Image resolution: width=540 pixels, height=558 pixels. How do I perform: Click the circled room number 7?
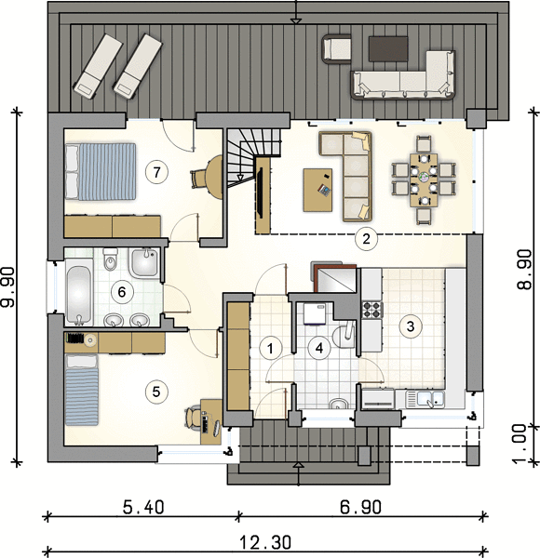pyautogui.click(x=156, y=172)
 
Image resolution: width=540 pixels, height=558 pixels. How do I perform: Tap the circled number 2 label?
pyautogui.click(x=367, y=239)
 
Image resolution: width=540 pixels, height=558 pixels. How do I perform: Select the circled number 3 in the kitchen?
pyautogui.click(x=411, y=326)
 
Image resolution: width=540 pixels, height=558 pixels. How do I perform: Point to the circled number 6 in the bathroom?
pyautogui.click(x=122, y=292)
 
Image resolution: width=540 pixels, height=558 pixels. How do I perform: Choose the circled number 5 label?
pyautogui.click(x=156, y=392)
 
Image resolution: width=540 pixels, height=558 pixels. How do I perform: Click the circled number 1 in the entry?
pyautogui.click(x=271, y=349)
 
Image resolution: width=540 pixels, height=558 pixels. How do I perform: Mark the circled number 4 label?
pyautogui.click(x=319, y=349)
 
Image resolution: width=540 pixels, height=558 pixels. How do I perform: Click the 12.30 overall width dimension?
pyautogui.click(x=265, y=543)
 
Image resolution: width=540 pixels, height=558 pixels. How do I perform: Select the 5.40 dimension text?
pyautogui.click(x=143, y=507)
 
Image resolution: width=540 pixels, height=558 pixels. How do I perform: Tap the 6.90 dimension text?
pyautogui.click(x=361, y=507)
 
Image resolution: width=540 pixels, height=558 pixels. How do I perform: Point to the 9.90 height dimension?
pyautogui.click(x=7, y=286)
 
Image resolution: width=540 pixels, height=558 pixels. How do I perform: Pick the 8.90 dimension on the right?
pyautogui.click(x=524, y=269)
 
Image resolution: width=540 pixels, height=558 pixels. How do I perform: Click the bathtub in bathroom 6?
pyautogui.click(x=79, y=291)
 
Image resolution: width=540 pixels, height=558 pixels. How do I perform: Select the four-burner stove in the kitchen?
pyautogui.click(x=372, y=310)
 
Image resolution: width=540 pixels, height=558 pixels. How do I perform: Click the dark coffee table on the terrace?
pyautogui.click(x=388, y=48)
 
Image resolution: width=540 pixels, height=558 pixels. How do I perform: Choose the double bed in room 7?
pyautogui.click(x=101, y=171)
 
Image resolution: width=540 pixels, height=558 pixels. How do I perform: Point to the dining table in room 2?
pyautogui.click(x=424, y=180)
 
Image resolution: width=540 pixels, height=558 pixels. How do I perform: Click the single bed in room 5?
pyautogui.click(x=82, y=390)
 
